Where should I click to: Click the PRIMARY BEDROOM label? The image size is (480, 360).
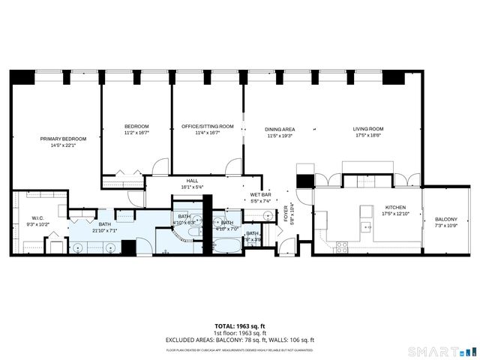tap(63, 139)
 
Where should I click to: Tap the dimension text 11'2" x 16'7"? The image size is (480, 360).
tap(136, 132)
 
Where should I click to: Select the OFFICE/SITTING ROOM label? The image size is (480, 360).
tap(208, 126)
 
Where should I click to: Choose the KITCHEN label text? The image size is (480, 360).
tap(395, 207)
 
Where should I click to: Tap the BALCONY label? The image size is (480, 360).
tap(445, 219)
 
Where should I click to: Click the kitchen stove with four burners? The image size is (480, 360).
tap(342, 244)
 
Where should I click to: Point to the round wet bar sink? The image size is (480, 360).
tap(268, 215)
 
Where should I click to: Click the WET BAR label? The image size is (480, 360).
tap(259, 196)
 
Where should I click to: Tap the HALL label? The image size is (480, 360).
tap(192, 181)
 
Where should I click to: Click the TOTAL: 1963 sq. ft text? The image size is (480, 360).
tap(239, 326)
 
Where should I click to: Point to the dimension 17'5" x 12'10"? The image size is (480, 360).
tap(395, 214)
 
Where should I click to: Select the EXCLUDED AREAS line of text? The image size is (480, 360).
tap(239, 340)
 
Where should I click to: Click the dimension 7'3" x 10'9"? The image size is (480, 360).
tap(445, 226)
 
